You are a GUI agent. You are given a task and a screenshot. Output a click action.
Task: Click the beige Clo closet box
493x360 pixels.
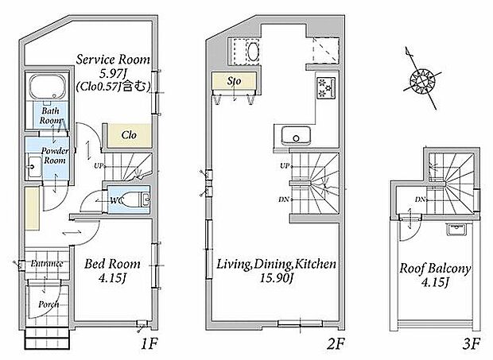pos(126,135)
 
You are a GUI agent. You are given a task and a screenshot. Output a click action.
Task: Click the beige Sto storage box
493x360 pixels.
pos(233,80)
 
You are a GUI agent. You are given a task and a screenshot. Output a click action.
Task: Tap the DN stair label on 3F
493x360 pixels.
pos(418,199)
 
